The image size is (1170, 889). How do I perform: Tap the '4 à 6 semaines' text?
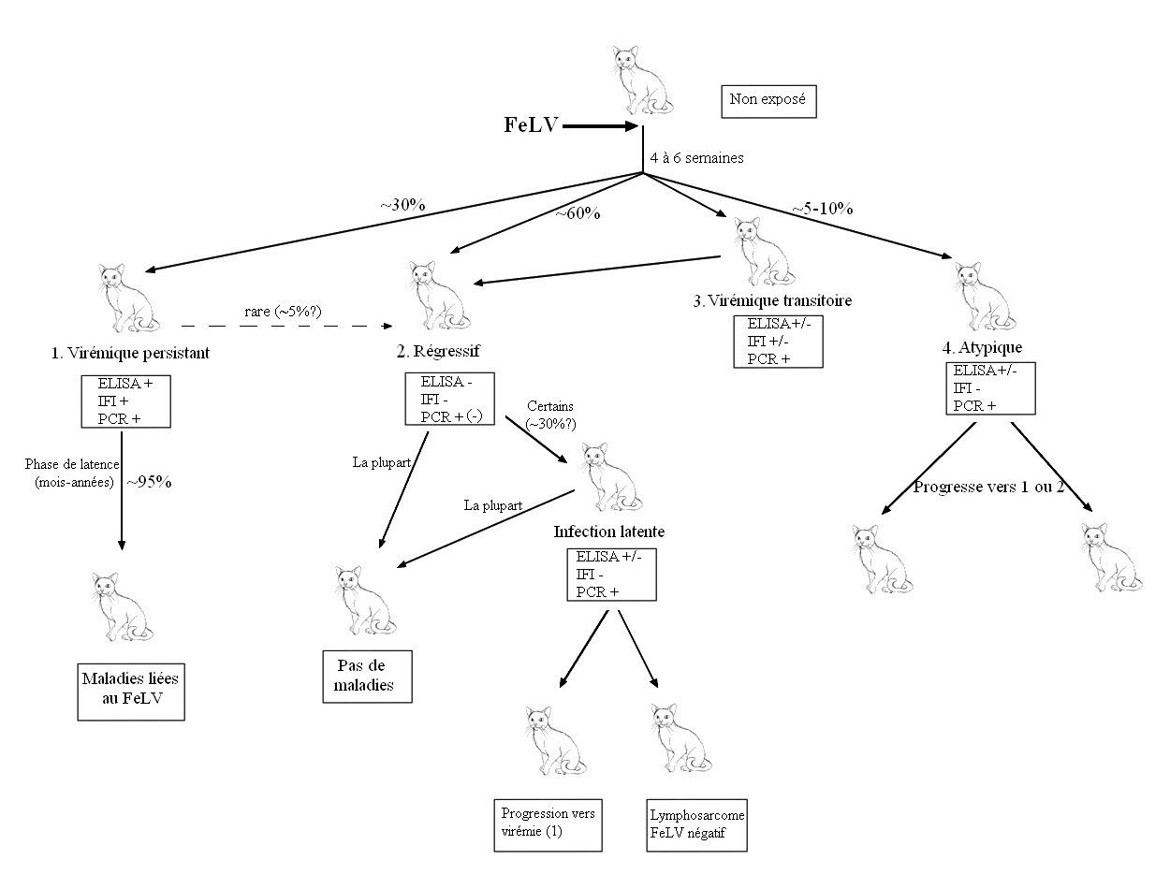tap(696, 158)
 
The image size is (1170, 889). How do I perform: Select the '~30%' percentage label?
tap(402, 203)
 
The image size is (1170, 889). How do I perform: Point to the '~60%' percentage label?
tap(578, 213)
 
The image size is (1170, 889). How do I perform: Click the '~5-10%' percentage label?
tap(821, 209)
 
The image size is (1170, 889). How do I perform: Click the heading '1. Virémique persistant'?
tap(130, 353)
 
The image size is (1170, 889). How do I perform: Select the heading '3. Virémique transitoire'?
tap(772, 300)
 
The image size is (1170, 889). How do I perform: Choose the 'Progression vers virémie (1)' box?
tap(548, 823)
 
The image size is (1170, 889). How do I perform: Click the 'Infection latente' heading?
tap(609, 532)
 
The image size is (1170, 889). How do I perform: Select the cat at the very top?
tap(642, 80)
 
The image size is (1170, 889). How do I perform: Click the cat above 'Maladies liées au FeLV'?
tap(122, 606)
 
